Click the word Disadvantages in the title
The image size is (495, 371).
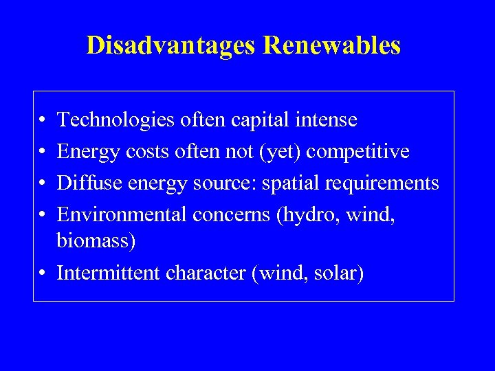point(172,45)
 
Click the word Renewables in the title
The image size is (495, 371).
point(332,45)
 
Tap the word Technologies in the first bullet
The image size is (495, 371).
point(115,120)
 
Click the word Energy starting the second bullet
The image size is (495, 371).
point(89,151)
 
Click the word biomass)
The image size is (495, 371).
point(96,242)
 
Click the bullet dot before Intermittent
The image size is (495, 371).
point(43,273)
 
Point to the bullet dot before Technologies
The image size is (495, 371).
point(43,121)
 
